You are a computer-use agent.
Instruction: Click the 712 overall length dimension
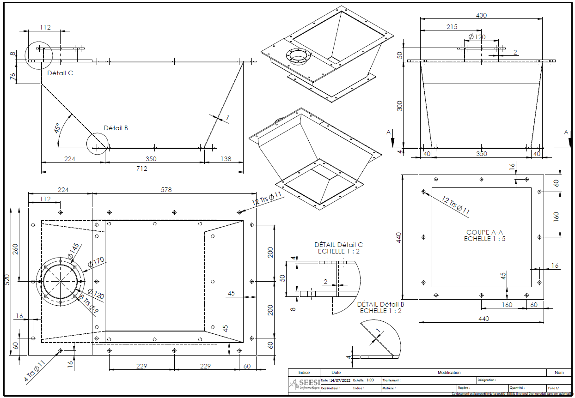(x=141, y=169)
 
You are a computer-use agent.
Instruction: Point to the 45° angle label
(x=58, y=128)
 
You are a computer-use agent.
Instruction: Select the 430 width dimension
(x=481, y=15)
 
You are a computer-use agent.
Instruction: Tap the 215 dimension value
(x=452, y=27)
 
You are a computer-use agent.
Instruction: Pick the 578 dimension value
(x=174, y=189)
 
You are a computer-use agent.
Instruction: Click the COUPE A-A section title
(x=481, y=232)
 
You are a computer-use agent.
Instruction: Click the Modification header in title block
(x=449, y=372)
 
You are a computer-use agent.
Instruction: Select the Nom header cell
(x=559, y=372)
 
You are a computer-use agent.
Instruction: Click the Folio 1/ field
(x=553, y=388)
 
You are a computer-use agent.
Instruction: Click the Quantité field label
(x=516, y=388)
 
